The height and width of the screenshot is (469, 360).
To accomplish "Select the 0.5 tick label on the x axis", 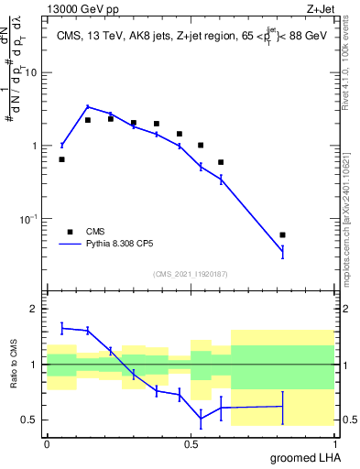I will [x=191, y=443].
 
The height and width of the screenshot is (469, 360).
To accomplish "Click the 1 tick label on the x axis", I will [x=334, y=443].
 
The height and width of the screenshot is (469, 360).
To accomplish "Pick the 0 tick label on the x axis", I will [x=47, y=443].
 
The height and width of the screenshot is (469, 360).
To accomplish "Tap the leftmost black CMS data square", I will [x=61, y=159].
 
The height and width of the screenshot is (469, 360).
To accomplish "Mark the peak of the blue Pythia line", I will [x=87, y=106].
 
